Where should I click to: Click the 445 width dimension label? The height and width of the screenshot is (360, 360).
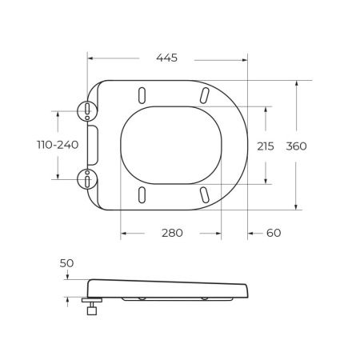pos(166,58)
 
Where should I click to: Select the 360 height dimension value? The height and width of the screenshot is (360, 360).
pos(297,146)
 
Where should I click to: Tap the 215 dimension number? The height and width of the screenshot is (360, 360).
pos(266,146)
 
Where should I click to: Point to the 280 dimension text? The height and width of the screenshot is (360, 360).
pos(172,233)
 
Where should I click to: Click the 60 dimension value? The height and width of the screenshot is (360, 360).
pos(273,233)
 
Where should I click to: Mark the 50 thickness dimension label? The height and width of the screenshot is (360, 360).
pos(66,263)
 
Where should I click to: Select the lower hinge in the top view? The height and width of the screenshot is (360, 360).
pos(86,178)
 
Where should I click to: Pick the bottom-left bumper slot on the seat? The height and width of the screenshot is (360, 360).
pos(142,194)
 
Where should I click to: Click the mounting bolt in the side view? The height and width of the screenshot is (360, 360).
pos(90,306)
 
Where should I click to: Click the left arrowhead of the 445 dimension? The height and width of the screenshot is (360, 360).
pos(90,58)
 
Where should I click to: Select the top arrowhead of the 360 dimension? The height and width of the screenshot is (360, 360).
pos(298,83)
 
